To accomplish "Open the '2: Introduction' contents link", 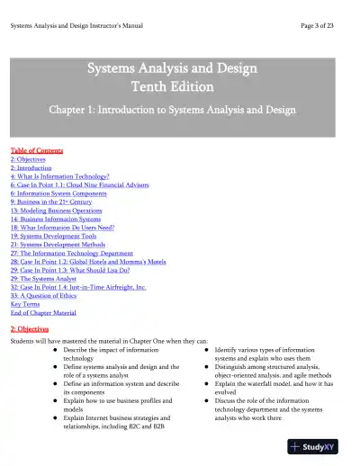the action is tap(31, 167).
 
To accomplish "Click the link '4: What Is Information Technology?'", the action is tap(59, 176).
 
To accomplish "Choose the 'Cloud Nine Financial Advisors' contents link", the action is tap(68, 185).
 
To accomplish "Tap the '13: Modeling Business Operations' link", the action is tap(58, 212).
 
